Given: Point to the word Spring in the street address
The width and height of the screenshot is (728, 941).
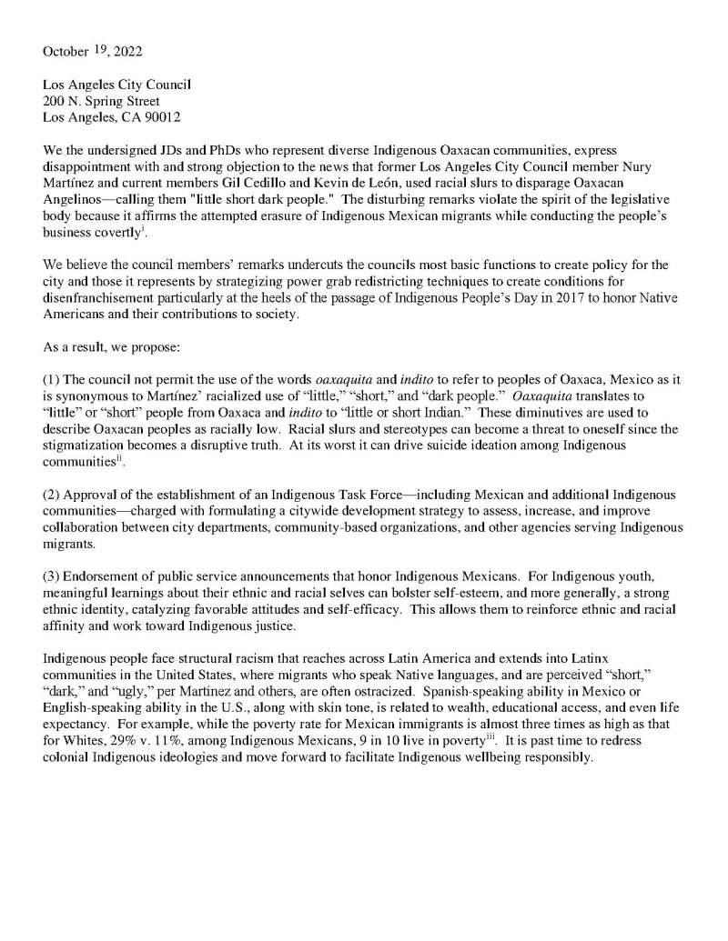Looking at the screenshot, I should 112,101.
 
